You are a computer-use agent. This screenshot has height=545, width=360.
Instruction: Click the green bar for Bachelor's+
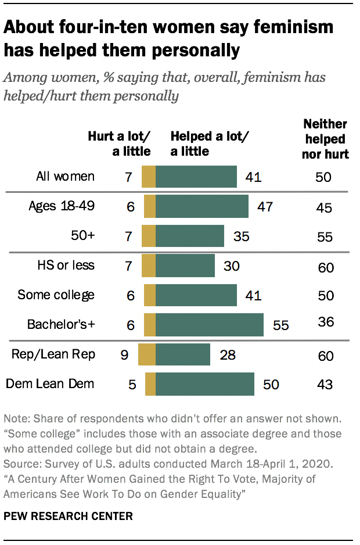coord(210,325)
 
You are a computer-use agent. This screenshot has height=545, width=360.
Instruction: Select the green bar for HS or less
coord(185,266)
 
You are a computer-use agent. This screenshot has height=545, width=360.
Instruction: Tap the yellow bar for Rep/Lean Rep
coord(147,354)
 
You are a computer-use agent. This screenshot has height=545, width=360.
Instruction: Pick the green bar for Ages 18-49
coord(202,206)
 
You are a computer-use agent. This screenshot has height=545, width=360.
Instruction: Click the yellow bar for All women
coord(149,177)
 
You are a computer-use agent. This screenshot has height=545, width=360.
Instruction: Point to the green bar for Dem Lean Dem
coord(205,384)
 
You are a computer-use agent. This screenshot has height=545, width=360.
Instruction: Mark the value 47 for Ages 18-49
coord(265,207)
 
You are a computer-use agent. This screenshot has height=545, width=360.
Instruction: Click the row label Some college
coord(56,295)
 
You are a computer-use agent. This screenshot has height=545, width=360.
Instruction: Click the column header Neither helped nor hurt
coord(325,139)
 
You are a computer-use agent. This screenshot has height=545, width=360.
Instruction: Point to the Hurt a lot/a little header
coord(119,144)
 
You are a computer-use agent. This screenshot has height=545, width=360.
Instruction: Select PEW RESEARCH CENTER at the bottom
coord(67,515)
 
